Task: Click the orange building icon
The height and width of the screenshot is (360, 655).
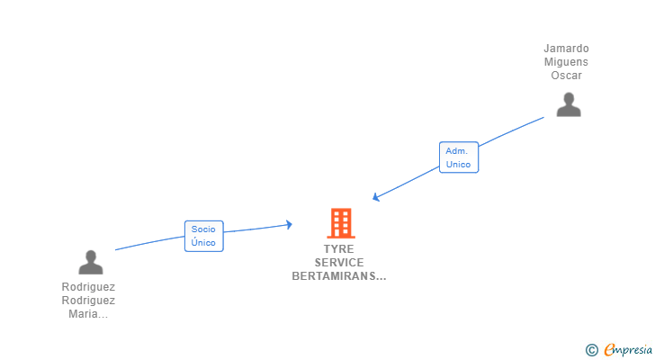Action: [x=340, y=222]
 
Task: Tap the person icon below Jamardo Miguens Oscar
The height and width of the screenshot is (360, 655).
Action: [x=569, y=104]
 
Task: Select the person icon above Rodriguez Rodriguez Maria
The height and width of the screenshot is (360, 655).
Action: [x=91, y=262]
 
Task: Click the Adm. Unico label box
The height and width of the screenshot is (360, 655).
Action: [x=458, y=157]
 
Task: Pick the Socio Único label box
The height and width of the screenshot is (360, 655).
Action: [x=203, y=236]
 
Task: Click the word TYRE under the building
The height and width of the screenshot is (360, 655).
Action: [x=339, y=249]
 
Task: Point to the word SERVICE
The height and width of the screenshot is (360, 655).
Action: [x=339, y=263]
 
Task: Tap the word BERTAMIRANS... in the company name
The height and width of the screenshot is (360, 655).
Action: [x=339, y=276]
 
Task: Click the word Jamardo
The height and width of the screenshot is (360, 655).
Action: [x=567, y=49]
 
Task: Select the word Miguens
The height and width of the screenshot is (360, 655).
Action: [x=567, y=62]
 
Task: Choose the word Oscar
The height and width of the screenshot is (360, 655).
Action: [x=567, y=76]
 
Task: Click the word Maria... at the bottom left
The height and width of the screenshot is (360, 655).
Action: [x=88, y=314]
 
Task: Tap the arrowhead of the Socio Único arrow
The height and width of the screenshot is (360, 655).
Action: [x=288, y=224]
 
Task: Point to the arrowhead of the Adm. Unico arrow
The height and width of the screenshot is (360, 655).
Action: [x=377, y=197]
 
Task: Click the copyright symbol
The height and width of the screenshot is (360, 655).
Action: [x=591, y=349]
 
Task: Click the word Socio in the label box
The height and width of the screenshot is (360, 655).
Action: [x=203, y=229]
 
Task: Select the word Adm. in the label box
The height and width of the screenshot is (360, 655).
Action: [x=458, y=151]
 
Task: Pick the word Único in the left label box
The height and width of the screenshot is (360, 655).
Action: [x=203, y=242]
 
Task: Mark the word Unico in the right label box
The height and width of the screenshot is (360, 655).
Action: [x=458, y=165]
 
